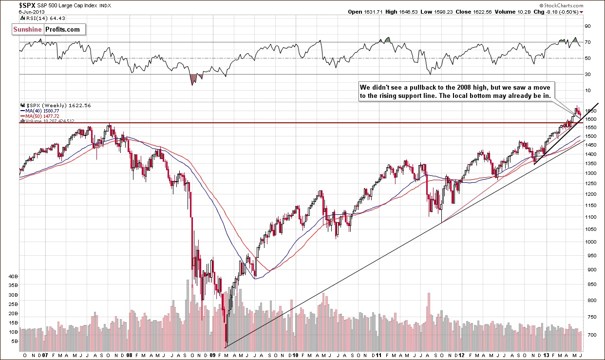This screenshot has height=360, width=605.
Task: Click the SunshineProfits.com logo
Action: (x=49, y=30)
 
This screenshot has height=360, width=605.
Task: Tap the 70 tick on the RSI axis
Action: (x=588, y=42)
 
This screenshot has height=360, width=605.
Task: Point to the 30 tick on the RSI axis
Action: (x=588, y=74)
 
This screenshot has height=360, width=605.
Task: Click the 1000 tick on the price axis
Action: (x=590, y=242)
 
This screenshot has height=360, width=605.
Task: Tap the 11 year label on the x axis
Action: (x=378, y=356)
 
